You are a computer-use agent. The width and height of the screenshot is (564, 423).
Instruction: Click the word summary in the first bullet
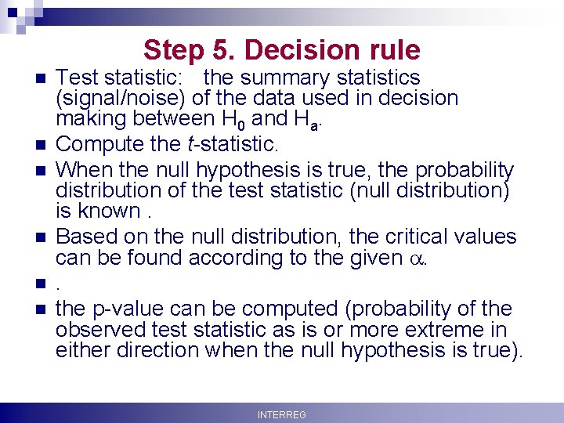[278, 78]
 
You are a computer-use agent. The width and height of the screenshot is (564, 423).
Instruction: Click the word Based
[83, 236]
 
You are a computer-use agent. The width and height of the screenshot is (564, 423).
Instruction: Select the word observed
[100, 330]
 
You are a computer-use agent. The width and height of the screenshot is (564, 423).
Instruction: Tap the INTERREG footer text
[282, 414]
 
